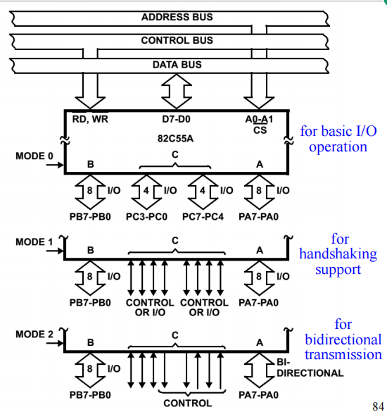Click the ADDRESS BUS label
pyautogui.click(x=177, y=16)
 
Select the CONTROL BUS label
pyautogui.click(x=177, y=40)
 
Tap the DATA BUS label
pyautogui.click(x=177, y=65)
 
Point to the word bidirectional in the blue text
pyautogui.click(x=343, y=339)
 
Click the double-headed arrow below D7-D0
pyautogui.click(x=176, y=89)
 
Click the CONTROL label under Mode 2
pyautogui.click(x=187, y=403)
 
